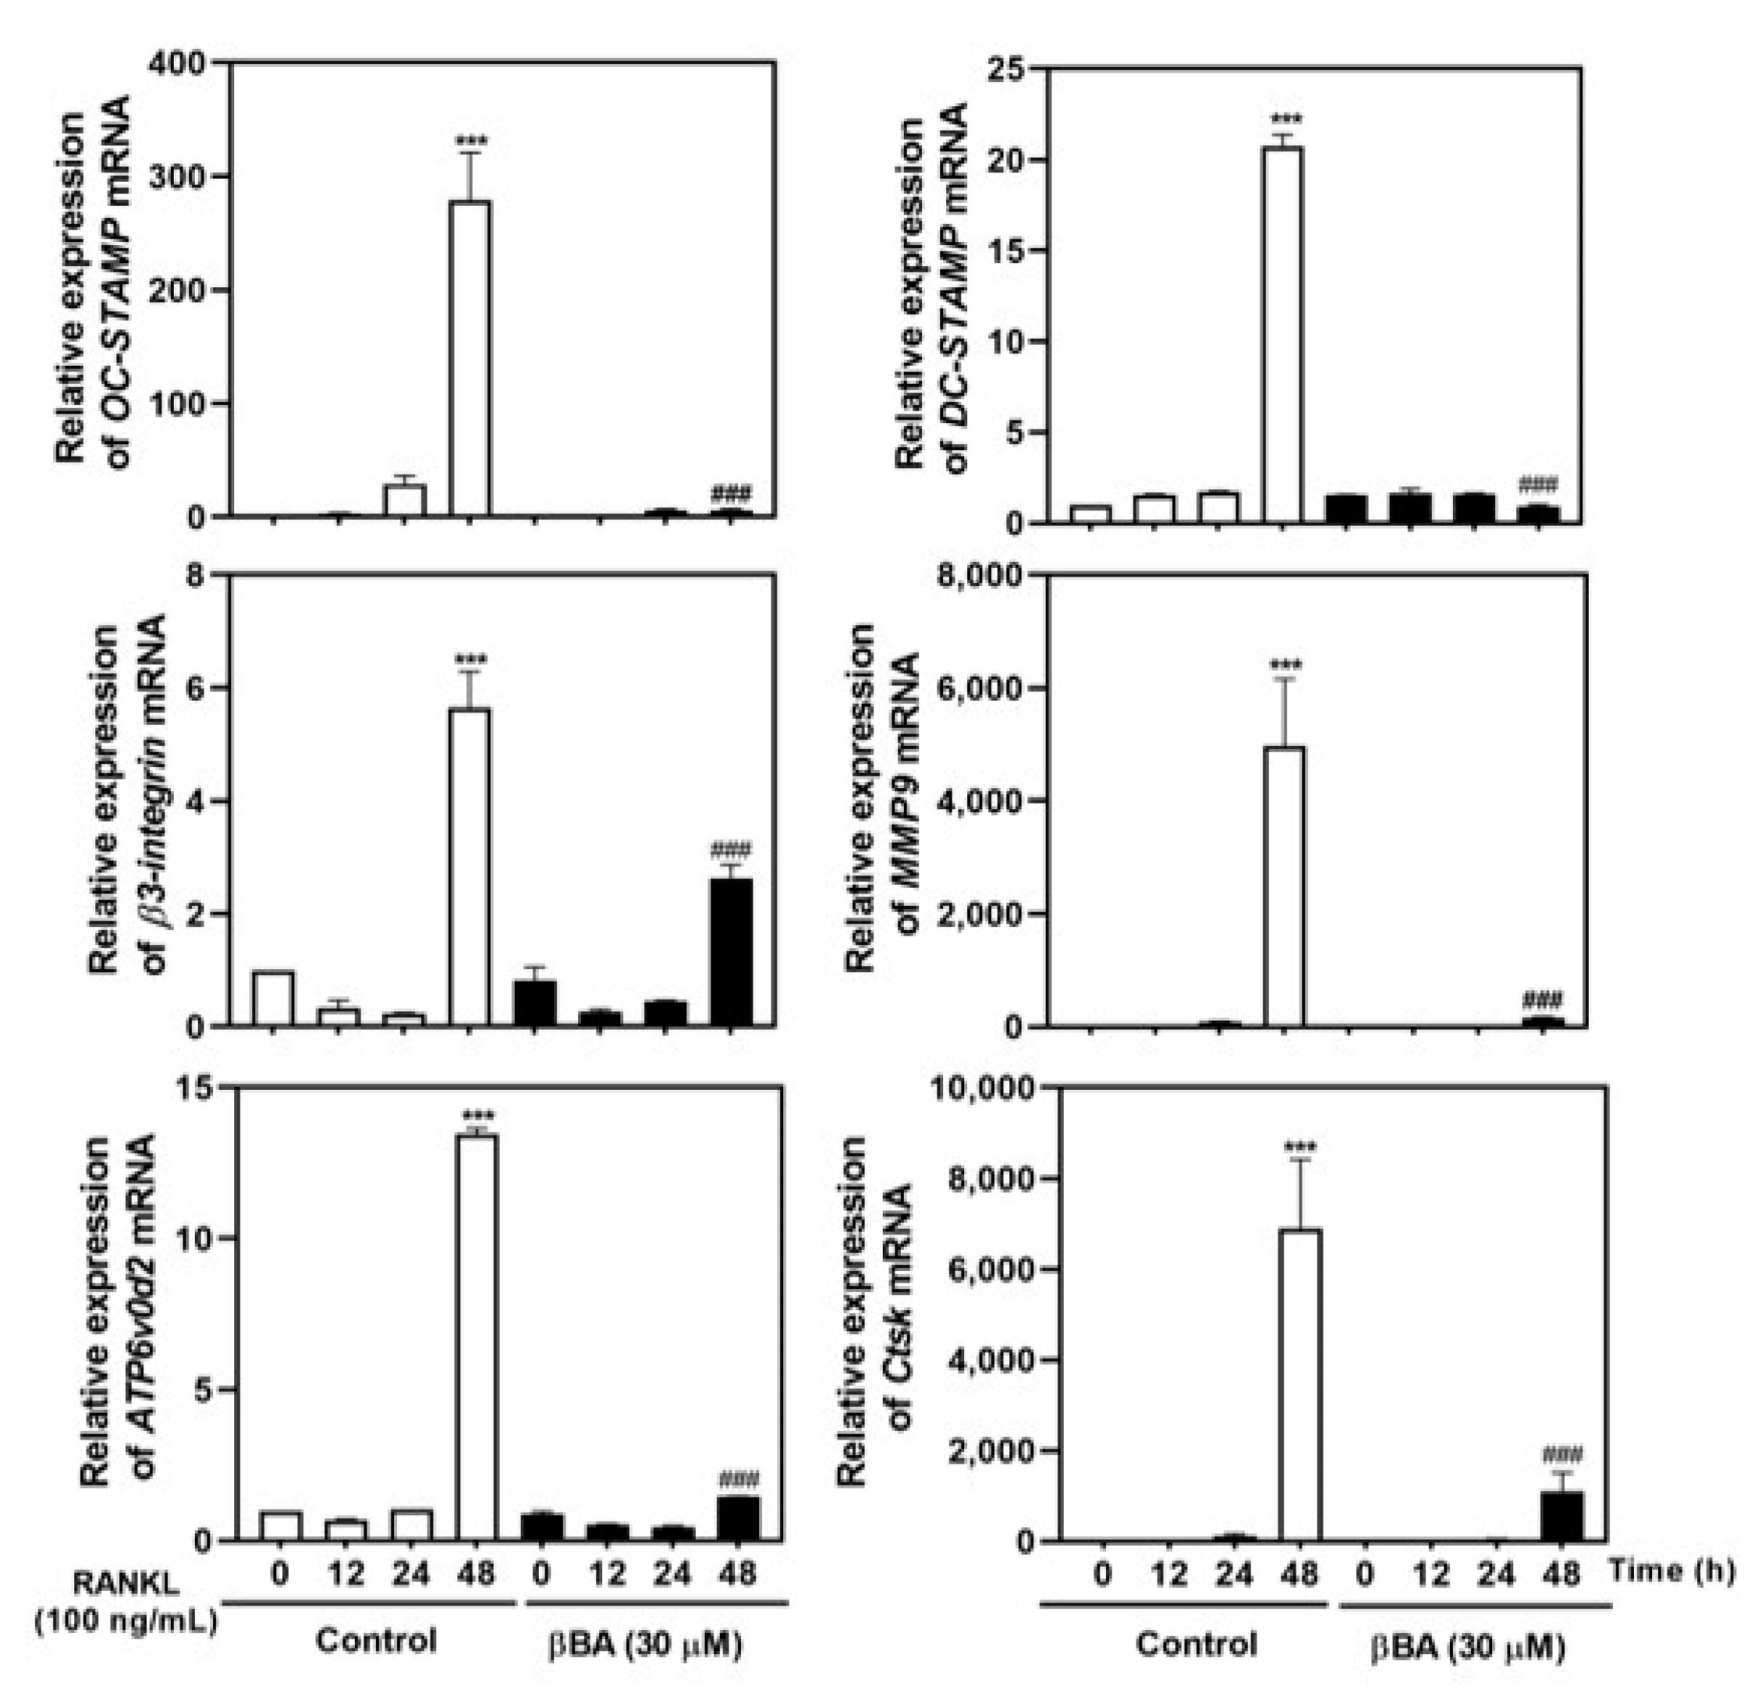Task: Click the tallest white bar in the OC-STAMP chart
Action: [x=469, y=359]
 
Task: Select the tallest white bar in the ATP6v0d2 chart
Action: [x=476, y=1338]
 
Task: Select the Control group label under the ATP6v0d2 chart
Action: [x=376, y=1640]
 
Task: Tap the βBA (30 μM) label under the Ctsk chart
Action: [x=1468, y=1646]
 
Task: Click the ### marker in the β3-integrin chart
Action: [x=731, y=849]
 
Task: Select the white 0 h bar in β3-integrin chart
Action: [x=273, y=998]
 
